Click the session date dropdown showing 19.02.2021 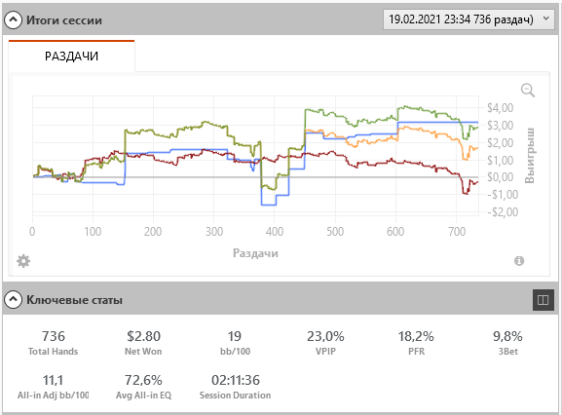(468, 19)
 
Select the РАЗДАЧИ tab (71, 57)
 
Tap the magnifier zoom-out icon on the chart (528, 91)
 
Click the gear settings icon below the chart (23, 261)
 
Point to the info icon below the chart (519, 261)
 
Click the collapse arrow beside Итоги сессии (13, 20)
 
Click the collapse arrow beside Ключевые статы (13, 300)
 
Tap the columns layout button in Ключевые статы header (543, 300)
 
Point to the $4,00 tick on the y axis (500, 108)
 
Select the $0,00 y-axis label (500, 177)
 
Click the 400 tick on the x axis (275, 232)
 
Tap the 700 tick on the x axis (457, 232)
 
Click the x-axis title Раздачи (255, 253)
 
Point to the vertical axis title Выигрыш (530, 156)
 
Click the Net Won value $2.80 (143, 336)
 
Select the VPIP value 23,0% (325, 336)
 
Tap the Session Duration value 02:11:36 (236, 380)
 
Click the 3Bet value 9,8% (507, 336)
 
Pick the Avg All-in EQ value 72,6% (143, 380)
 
